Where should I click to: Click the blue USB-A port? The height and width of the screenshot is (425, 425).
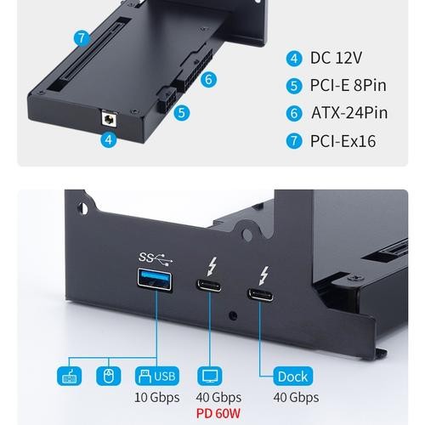[x=155, y=280]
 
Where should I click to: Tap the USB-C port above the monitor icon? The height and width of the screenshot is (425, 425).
[x=209, y=286]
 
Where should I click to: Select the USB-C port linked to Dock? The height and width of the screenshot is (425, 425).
[x=261, y=295]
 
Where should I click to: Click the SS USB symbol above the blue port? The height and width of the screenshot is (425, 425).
[x=156, y=258]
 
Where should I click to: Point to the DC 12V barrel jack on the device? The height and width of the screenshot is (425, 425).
[x=109, y=119]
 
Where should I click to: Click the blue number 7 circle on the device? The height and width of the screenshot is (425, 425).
[x=82, y=38]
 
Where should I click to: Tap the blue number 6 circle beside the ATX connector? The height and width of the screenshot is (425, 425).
[x=208, y=79]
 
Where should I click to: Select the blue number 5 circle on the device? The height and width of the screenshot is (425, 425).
[x=182, y=113]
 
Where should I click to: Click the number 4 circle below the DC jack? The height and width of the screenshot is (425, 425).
[x=109, y=139]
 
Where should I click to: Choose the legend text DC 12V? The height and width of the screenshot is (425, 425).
[x=336, y=58]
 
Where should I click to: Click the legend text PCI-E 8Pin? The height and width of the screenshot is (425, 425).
[x=348, y=85]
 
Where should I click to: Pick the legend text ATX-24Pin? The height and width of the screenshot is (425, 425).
[x=349, y=113]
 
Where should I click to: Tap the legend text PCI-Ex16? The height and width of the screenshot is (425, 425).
[x=343, y=141]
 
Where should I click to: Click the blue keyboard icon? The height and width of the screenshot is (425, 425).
[x=69, y=377]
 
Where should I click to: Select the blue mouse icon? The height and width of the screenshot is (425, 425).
[x=109, y=377]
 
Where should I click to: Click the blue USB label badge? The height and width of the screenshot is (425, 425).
[x=157, y=377]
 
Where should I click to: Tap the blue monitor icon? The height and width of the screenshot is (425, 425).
[x=210, y=377]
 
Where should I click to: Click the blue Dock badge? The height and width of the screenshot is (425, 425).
[x=293, y=377]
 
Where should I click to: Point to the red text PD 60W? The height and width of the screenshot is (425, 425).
[x=218, y=413]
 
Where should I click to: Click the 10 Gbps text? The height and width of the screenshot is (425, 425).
[x=156, y=398]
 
